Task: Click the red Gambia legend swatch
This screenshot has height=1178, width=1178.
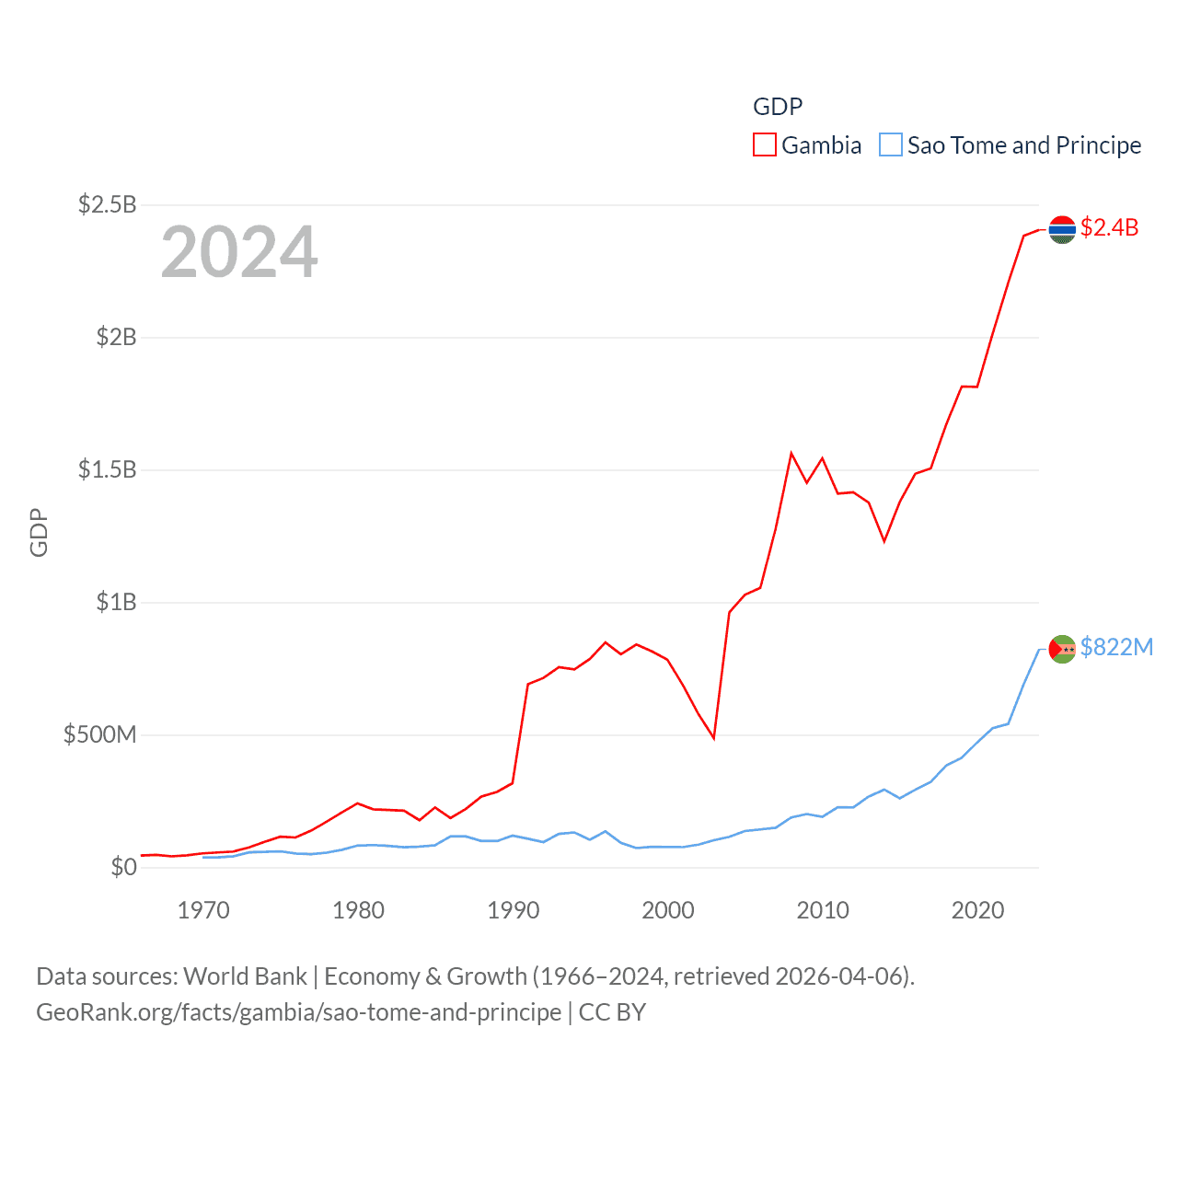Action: pos(764,145)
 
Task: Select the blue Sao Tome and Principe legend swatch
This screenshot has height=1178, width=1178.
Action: pos(890,145)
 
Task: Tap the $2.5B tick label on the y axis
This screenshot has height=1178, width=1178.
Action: pos(107,204)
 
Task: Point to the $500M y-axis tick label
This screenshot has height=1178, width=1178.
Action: pos(99,734)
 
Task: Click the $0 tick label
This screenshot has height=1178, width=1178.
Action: pos(123,867)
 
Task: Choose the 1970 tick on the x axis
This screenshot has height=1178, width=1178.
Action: pos(203,910)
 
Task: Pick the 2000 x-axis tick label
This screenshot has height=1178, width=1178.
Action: pos(668,910)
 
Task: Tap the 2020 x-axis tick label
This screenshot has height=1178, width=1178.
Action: pos(977,910)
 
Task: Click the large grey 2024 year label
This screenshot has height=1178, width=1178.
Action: pos(239,252)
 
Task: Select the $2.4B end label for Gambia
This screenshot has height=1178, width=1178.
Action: pos(1109,227)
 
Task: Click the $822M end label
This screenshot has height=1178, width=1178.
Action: pos(1116,647)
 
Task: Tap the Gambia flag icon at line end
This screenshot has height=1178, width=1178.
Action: pos(1062,229)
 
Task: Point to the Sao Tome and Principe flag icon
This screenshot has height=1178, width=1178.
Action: pos(1062,649)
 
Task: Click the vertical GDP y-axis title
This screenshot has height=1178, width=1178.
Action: pos(39,532)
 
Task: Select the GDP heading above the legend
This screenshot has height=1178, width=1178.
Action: pos(778,107)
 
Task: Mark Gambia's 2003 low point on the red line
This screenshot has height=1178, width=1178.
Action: pos(713,738)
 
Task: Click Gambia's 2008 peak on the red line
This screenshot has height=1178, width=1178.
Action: pos(791,453)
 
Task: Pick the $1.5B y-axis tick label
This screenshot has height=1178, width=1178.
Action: pos(107,469)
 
